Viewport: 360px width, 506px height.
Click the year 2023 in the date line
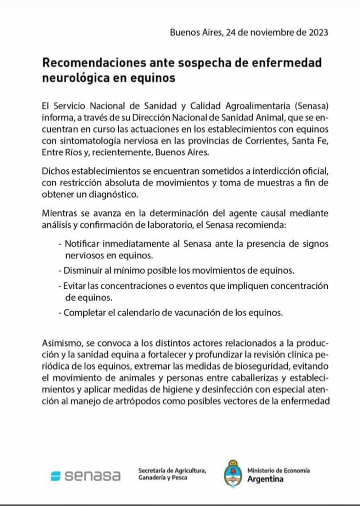318,33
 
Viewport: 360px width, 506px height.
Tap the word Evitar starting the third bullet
74,285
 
